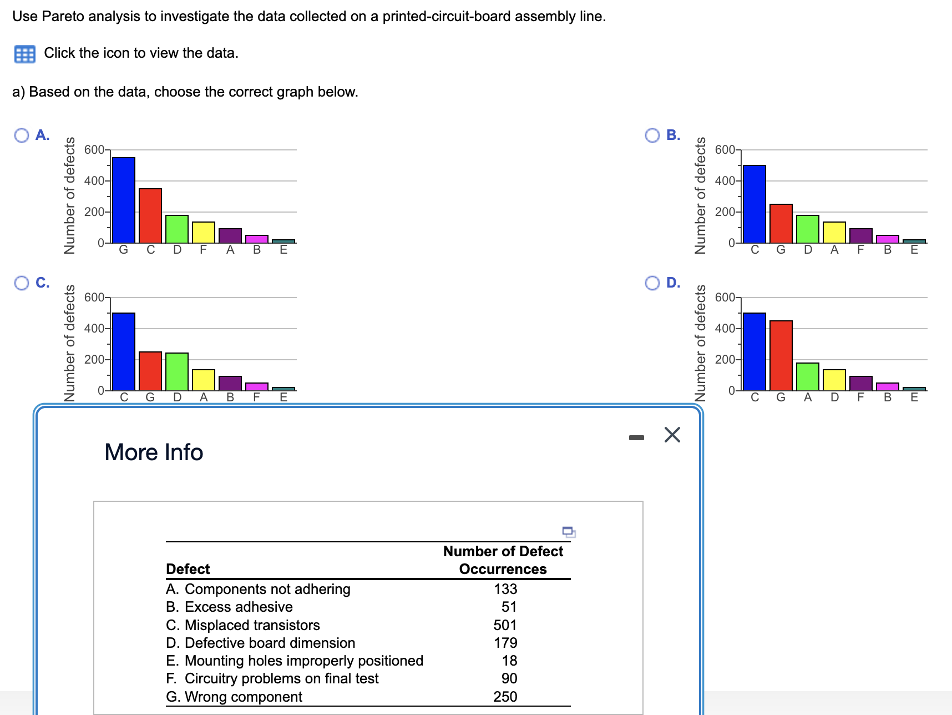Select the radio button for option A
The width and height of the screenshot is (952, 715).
pyautogui.click(x=22, y=135)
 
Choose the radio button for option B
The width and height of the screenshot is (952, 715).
pyautogui.click(x=652, y=135)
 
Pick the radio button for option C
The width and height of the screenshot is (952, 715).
pyautogui.click(x=22, y=283)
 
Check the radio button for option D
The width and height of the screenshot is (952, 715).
pyautogui.click(x=652, y=283)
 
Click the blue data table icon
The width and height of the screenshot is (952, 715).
pyautogui.click(x=25, y=54)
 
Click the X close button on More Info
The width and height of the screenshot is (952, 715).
pyautogui.click(x=672, y=435)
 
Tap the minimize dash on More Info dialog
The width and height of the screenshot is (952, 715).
pyautogui.click(x=636, y=438)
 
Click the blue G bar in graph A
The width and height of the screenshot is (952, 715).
pyautogui.click(x=124, y=200)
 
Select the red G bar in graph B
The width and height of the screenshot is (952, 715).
pyautogui.click(x=781, y=223)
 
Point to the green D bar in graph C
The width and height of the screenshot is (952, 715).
pyautogui.click(x=177, y=371)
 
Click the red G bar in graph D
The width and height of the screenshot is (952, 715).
pyautogui.click(x=781, y=355)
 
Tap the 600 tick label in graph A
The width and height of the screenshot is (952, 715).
pyautogui.click(x=94, y=150)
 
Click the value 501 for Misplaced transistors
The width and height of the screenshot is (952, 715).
pyautogui.click(x=505, y=625)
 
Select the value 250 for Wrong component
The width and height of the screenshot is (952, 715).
pyautogui.click(x=505, y=697)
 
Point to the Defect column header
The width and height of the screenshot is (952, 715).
pyautogui.click(x=188, y=569)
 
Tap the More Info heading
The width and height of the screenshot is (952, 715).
pyautogui.click(x=154, y=452)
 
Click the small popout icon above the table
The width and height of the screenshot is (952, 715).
pyautogui.click(x=569, y=532)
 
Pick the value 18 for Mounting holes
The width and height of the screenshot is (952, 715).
pyautogui.click(x=509, y=661)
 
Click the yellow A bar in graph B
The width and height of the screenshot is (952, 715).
pyautogui.click(x=834, y=232)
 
